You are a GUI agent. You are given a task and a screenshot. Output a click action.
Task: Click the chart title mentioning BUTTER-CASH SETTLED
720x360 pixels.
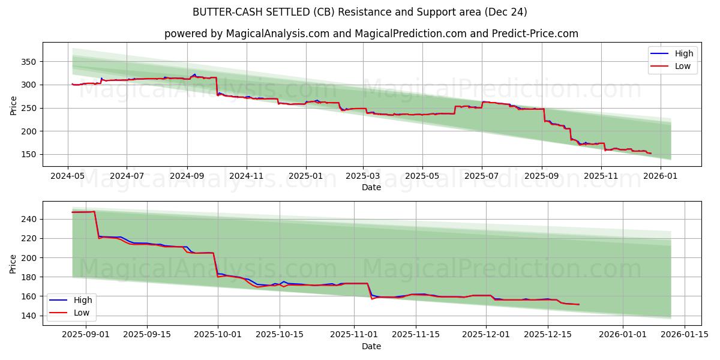tap(360, 12)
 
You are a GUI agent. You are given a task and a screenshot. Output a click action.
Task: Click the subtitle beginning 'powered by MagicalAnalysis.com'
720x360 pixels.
tap(371, 34)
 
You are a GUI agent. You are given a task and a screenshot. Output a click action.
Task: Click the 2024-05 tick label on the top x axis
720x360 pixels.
tap(67, 176)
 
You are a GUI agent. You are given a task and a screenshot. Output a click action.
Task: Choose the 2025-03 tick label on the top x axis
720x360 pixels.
tap(363, 176)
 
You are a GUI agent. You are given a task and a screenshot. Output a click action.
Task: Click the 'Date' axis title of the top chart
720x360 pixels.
tap(371, 187)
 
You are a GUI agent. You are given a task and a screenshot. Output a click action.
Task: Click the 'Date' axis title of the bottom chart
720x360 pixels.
tap(371, 346)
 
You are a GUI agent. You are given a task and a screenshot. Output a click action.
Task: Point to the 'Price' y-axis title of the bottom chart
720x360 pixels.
tap(13, 263)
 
